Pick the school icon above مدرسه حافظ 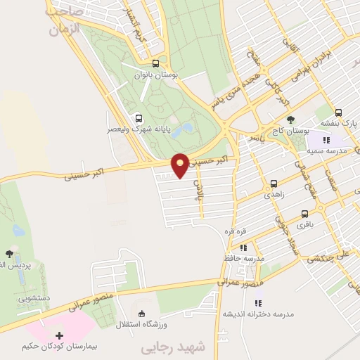(x=243, y=247)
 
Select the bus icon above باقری (x=304, y=214)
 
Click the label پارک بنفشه (x=336, y=122)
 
